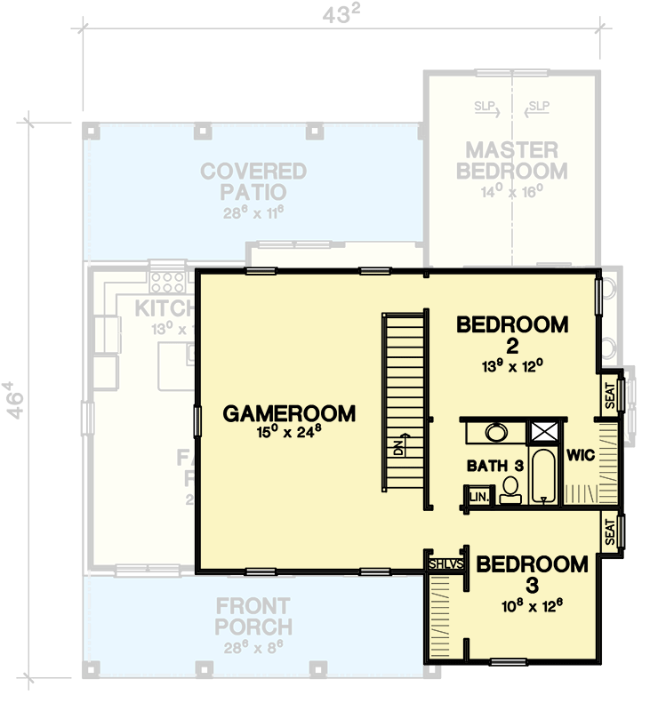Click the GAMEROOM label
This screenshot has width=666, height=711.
289,413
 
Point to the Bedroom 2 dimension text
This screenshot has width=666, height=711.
512,364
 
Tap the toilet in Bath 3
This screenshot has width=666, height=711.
510,490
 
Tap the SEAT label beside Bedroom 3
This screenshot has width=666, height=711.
610,532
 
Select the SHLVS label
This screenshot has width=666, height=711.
445,564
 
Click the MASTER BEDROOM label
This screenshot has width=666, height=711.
511,161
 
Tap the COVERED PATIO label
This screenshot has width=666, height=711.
253,180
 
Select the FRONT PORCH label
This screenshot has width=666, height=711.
253,617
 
